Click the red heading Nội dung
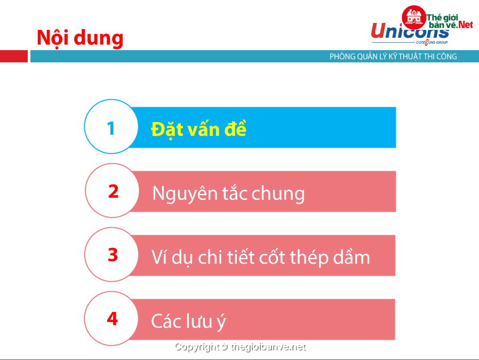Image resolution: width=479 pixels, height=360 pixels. coord(80,38)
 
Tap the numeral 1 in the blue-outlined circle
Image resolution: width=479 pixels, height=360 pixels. coord(111,128)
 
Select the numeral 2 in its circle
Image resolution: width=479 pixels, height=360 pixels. coord(113,191)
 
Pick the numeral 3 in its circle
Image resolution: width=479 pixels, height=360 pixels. coord(113,254)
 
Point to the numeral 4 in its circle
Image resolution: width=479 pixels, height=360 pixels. coord(113,319)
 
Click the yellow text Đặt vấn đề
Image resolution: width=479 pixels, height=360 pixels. coord(198,129)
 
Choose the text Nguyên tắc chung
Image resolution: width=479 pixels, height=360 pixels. coord(228,193)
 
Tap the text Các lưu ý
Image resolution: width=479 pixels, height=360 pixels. coord(188,321)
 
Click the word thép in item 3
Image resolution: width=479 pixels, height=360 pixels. coord(309,258)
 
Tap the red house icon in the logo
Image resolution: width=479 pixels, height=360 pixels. coord(414,18)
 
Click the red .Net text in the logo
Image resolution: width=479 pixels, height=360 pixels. coord(465,25)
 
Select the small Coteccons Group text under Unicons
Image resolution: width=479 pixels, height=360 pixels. coord(432,42)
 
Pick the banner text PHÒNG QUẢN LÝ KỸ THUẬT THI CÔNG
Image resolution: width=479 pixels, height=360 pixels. coord(393,57)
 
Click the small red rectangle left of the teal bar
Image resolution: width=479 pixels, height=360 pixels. coord(14,56)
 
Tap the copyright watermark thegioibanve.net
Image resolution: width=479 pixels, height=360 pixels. coord(241,347)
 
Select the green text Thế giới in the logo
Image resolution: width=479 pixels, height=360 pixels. coord(442,18)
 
